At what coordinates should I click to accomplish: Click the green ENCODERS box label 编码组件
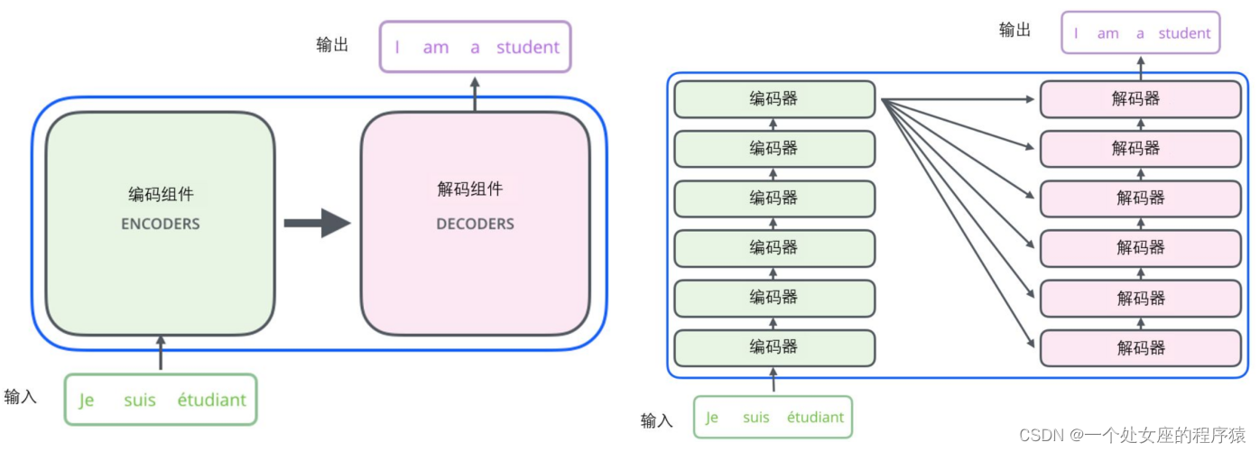pos(161,194)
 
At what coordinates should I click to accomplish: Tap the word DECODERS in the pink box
pos(475,224)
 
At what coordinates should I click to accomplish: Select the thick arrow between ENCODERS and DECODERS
pos(317,223)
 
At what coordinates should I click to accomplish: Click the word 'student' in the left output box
pos(528,48)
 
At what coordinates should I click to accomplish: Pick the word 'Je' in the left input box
pos(87,401)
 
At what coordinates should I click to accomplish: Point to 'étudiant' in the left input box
pos(211,400)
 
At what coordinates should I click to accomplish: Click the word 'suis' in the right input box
pos(756,418)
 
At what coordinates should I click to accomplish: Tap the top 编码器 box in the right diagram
pos(774,99)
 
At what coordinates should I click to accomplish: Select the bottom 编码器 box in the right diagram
pos(774,347)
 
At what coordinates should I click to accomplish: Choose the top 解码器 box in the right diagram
pos(1140,99)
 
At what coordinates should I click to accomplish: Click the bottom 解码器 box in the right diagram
pos(1140,347)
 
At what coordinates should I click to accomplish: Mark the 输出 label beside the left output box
pos(332,45)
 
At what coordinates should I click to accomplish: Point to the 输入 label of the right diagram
pos(656,420)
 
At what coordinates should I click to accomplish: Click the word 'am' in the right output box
pos(1107,33)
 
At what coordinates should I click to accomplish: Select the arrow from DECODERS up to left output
pos(475,93)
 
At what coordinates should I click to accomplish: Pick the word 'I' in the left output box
pos(396,48)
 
